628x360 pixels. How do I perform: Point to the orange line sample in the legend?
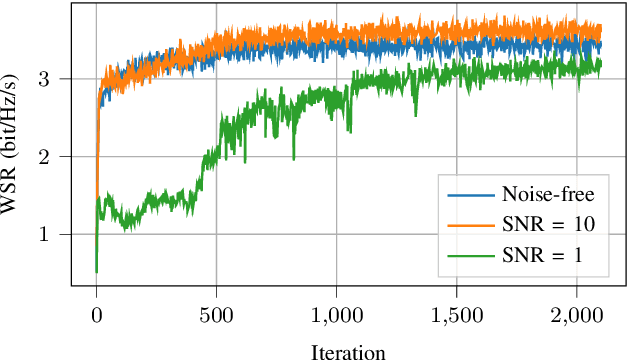point(468,226)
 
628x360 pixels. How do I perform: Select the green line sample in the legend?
point(468,257)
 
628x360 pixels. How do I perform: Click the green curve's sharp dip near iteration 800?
point(293,157)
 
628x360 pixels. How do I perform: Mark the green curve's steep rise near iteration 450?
point(205,160)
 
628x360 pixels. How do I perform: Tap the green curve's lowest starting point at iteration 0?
point(96,270)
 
